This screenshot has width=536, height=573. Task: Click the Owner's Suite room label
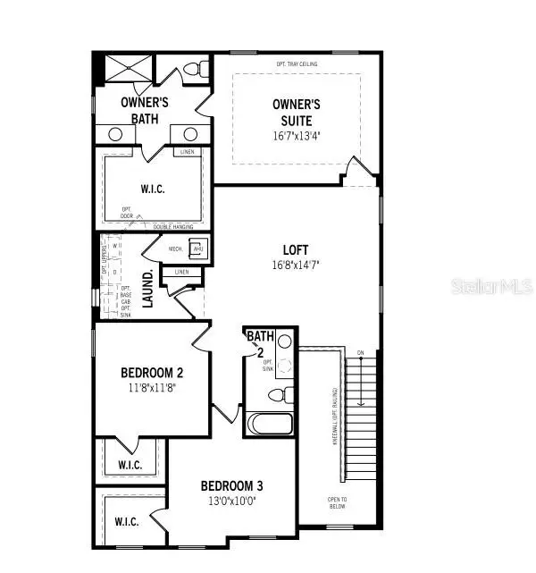click(x=296, y=112)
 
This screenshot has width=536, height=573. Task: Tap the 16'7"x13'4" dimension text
click(x=296, y=136)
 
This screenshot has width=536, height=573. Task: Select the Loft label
click(x=295, y=250)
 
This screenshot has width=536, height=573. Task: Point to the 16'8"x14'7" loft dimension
click(x=295, y=265)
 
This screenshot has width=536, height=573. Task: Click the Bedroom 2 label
click(x=152, y=373)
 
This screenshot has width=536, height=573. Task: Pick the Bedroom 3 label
click(x=231, y=486)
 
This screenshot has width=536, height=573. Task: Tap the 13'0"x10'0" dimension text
click(x=231, y=501)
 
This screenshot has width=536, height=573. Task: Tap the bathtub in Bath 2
click(x=270, y=425)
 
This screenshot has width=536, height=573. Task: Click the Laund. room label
click(x=148, y=288)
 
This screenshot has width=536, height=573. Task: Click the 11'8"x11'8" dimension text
click(x=152, y=388)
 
